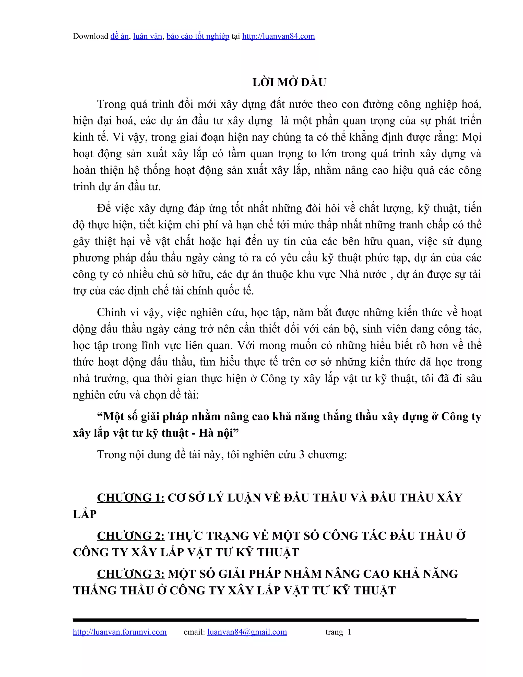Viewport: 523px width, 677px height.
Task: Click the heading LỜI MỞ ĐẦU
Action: [x=289, y=83]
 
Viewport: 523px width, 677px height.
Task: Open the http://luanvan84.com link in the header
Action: [x=278, y=36]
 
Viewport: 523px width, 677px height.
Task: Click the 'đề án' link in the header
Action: [x=119, y=36]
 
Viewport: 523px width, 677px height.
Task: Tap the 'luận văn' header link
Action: [x=148, y=36]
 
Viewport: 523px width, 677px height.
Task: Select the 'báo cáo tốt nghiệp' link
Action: [x=198, y=36]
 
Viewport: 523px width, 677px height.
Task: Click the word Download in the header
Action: [x=90, y=36]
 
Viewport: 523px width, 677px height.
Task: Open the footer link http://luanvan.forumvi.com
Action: [x=120, y=632]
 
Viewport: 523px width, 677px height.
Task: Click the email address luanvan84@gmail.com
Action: [x=247, y=632]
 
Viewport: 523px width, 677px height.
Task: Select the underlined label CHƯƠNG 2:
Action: [x=130, y=536]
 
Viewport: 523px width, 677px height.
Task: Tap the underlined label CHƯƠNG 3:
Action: [x=130, y=574]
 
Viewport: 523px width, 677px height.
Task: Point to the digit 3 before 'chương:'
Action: [x=302, y=455]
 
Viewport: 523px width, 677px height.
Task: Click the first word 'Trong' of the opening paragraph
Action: [x=112, y=104]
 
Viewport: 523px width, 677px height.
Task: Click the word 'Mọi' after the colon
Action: [x=472, y=137]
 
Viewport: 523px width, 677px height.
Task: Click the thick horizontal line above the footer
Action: [x=276, y=620]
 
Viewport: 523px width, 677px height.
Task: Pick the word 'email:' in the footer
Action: [x=194, y=632]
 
